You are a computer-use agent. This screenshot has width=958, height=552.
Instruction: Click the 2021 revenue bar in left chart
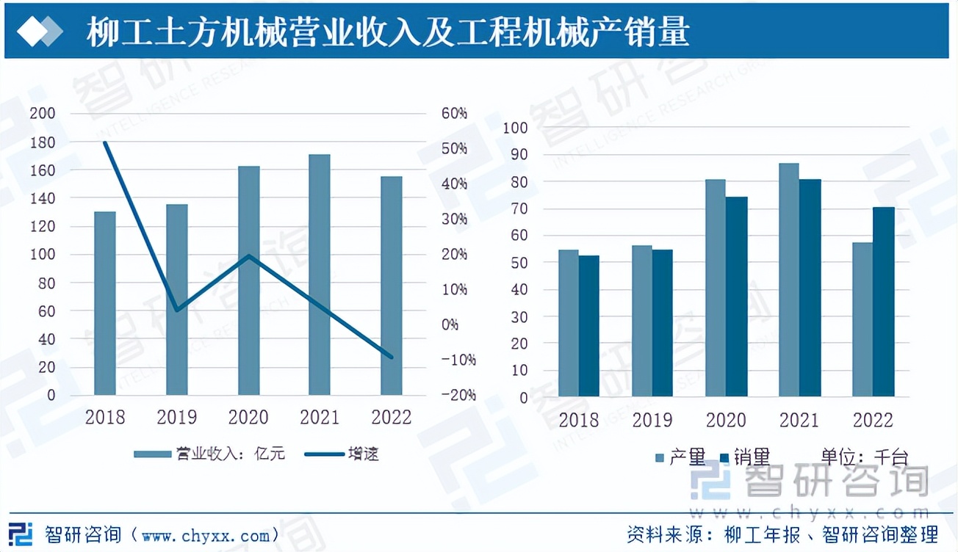320,275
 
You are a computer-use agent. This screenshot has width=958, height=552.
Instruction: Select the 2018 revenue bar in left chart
105,303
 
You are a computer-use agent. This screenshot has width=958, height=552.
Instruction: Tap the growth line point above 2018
105,143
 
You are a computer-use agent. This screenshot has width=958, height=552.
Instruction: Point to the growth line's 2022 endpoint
391,357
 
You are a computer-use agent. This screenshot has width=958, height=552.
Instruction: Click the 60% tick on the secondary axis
454,114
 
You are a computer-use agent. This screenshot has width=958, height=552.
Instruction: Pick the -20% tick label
458,395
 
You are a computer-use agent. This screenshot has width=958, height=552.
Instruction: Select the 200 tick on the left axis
42,114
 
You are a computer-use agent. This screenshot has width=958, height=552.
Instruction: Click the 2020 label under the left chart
248,418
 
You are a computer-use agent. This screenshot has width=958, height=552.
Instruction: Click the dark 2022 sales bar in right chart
884,302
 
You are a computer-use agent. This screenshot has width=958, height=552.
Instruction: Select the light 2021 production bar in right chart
789,280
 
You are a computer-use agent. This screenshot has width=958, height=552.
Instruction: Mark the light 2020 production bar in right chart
716,288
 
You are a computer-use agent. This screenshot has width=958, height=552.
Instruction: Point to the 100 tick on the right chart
516,128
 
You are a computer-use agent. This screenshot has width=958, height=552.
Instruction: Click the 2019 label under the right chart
652,421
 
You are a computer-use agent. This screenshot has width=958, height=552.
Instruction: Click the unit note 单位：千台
864,458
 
